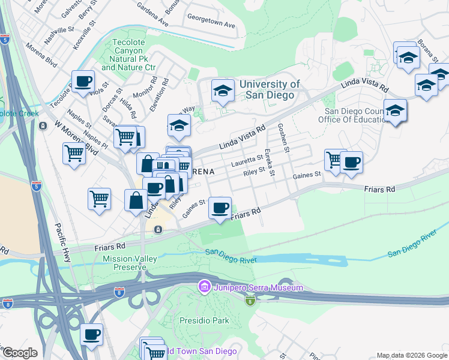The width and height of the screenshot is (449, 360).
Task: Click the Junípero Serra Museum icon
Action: tap(203, 288)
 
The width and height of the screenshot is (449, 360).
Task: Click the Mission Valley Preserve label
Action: tap(130, 263)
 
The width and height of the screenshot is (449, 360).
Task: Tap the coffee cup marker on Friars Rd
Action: tap(220, 208)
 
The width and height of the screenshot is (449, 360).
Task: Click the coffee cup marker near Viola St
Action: tap(83, 81)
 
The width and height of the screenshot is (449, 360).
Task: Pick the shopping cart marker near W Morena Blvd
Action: tap(74, 153)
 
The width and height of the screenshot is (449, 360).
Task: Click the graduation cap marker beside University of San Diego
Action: tap(222, 91)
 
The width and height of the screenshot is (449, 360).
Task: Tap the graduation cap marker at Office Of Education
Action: tap(395, 110)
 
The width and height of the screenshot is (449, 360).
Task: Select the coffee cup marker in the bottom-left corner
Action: tap(91, 334)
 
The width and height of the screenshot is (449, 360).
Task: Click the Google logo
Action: tap(19, 353)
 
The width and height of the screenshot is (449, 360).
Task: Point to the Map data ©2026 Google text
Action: tap(412, 355)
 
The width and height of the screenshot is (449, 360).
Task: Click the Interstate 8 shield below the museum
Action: tap(250, 301)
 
